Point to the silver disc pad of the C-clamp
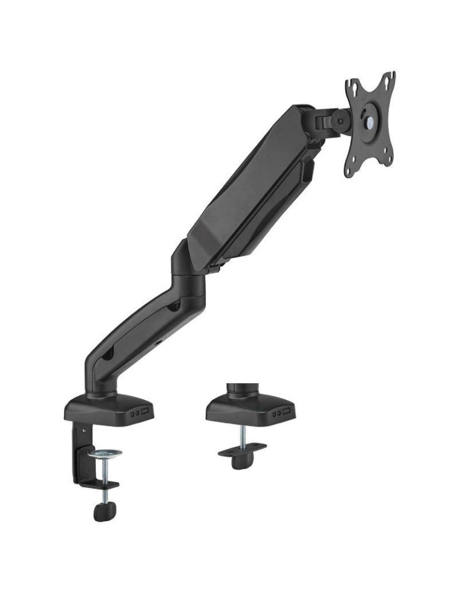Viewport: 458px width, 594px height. coord(105,454)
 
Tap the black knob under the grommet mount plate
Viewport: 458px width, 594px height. coord(241,461)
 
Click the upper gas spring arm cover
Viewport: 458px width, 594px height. coord(249,178)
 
